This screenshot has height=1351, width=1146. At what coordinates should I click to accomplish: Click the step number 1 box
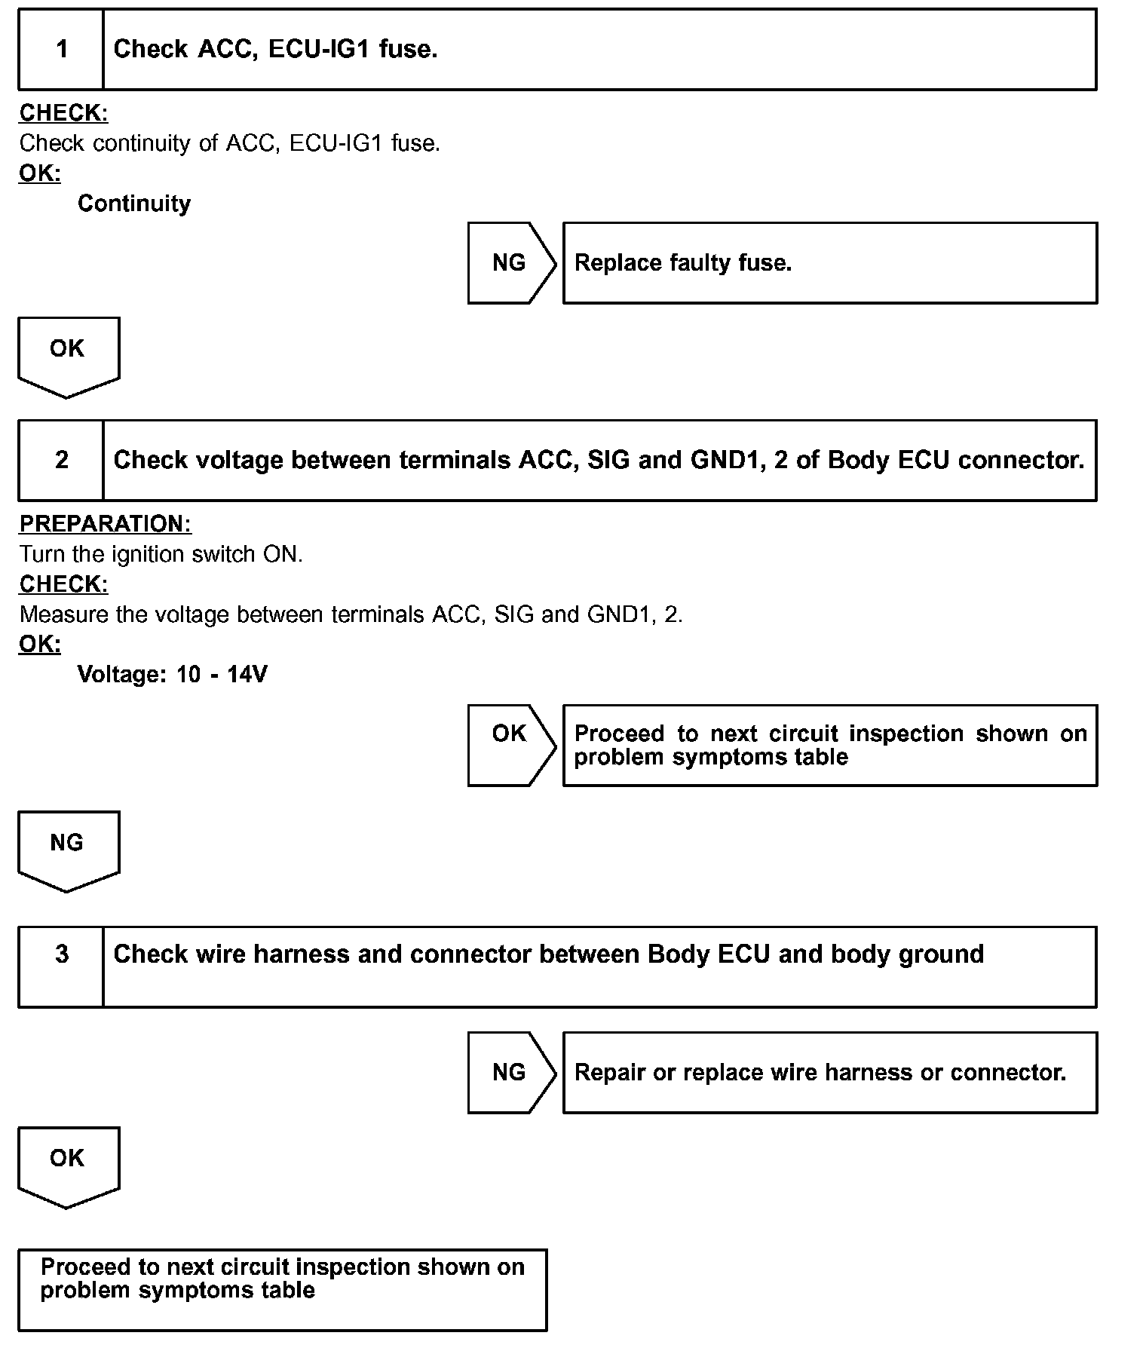point(61,50)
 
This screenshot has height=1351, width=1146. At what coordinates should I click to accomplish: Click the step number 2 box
point(61,461)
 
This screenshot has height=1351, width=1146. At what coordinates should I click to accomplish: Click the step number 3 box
point(61,967)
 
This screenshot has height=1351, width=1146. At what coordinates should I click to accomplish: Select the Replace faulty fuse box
point(829,263)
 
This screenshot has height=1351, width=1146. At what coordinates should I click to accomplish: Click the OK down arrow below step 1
point(68,355)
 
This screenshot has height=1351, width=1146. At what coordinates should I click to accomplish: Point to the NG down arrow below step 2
point(68,849)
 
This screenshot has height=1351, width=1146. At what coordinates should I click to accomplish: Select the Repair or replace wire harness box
point(829,1072)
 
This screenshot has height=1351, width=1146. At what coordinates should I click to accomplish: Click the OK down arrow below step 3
point(68,1165)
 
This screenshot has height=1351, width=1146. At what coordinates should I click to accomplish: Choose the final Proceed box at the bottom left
point(282,1289)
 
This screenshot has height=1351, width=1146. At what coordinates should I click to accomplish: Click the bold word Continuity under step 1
point(134,204)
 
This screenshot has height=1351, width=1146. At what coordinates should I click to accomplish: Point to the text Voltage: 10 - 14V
point(172,674)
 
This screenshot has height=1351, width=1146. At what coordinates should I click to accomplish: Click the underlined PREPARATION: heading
point(105,524)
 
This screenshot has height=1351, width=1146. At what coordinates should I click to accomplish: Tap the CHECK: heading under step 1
point(63,113)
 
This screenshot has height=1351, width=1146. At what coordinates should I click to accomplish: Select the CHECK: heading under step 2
point(63,584)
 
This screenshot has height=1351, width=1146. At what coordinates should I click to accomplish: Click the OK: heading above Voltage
point(39,645)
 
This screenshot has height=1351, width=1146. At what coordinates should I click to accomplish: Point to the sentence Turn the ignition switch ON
point(161,554)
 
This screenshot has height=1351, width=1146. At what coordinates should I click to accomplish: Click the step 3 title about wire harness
point(548,954)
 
